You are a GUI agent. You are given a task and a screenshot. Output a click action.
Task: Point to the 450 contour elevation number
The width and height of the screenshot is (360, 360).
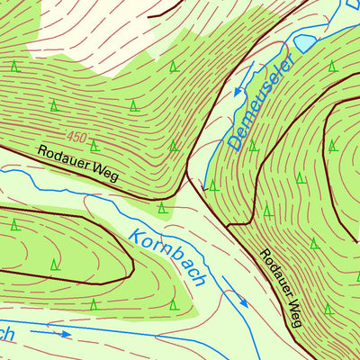pos(76,138)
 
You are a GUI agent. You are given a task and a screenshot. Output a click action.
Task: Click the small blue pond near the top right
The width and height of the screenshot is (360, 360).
pos(305,42)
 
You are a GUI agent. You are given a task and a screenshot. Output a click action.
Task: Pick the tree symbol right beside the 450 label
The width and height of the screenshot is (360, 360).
pos(94,144)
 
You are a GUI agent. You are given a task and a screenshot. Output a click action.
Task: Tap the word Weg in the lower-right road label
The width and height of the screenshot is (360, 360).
pos(295,313)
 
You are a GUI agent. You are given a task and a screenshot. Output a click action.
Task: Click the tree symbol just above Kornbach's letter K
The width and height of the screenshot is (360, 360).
pos(162,208)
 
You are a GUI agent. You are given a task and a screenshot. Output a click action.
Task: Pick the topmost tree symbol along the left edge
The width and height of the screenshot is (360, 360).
pos(14,66)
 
